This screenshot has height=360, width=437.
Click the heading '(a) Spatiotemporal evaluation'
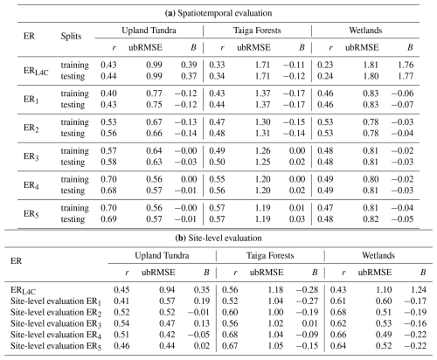point(218,13)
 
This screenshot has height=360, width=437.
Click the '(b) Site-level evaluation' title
point(218,238)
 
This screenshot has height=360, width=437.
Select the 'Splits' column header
point(71,36)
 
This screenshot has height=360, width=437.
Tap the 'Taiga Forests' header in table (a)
point(257,31)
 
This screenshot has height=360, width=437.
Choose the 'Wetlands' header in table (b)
point(378,255)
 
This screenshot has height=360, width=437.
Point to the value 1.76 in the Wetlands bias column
point(406,65)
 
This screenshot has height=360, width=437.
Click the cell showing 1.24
point(419,290)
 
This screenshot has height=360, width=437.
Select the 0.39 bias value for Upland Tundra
point(189,65)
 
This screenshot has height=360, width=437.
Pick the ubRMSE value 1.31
point(263,133)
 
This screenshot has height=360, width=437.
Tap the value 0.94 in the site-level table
point(167,290)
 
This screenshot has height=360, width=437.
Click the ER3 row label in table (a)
point(31,156)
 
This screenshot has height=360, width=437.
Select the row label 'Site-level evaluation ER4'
point(56,335)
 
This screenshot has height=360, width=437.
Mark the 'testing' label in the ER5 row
point(73,219)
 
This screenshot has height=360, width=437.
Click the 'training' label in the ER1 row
point(75,93)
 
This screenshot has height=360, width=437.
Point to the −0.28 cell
point(307,290)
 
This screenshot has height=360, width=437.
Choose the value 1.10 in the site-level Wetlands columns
point(384,290)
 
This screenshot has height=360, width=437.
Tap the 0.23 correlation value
point(325,65)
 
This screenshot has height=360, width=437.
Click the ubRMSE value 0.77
point(154,93)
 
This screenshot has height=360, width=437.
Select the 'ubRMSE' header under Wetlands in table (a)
point(362,47)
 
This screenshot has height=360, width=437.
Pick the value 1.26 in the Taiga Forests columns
point(263,150)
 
